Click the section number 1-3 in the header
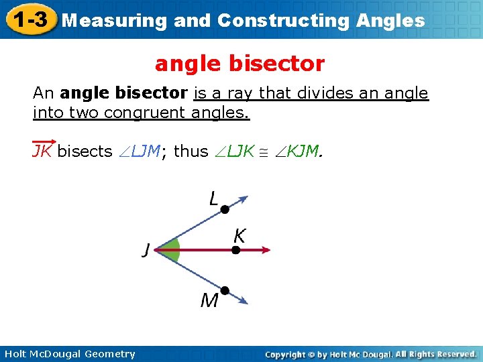[28, 19]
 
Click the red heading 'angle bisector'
[239, 64]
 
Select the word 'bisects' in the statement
[85, 152]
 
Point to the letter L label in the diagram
[213, 198]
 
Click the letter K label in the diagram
[239, 235]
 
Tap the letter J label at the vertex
[146, 251]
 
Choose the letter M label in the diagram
[209, 300]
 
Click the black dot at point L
[225, 210]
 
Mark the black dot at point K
[235, 250]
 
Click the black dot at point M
[225, 290]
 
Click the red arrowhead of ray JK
[266, 250]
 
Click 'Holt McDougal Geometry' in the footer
[68, 354]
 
